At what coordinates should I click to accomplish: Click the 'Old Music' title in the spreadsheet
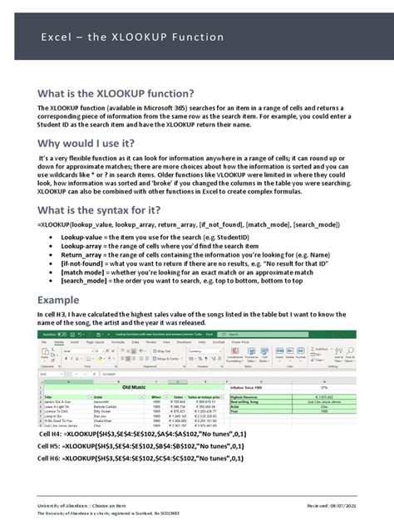tap(137, 387)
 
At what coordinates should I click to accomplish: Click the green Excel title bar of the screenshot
tap(196, 333)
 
